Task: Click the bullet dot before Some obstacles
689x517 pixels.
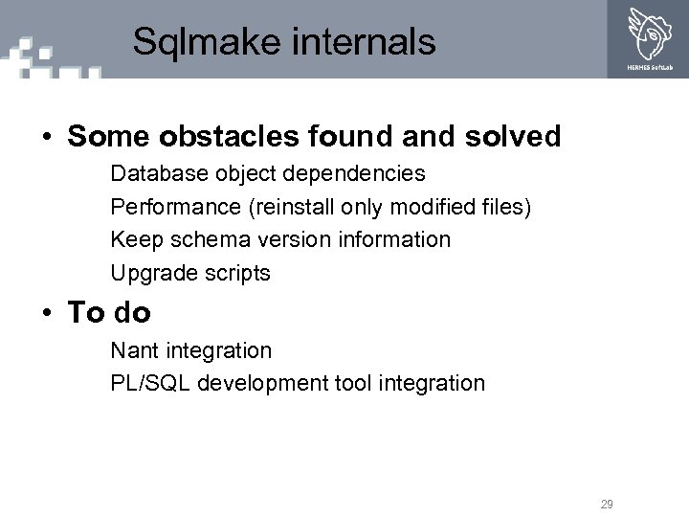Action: point(47,137)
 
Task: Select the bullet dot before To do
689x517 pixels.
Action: point(47,313)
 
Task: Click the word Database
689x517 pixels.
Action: point(156,174)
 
